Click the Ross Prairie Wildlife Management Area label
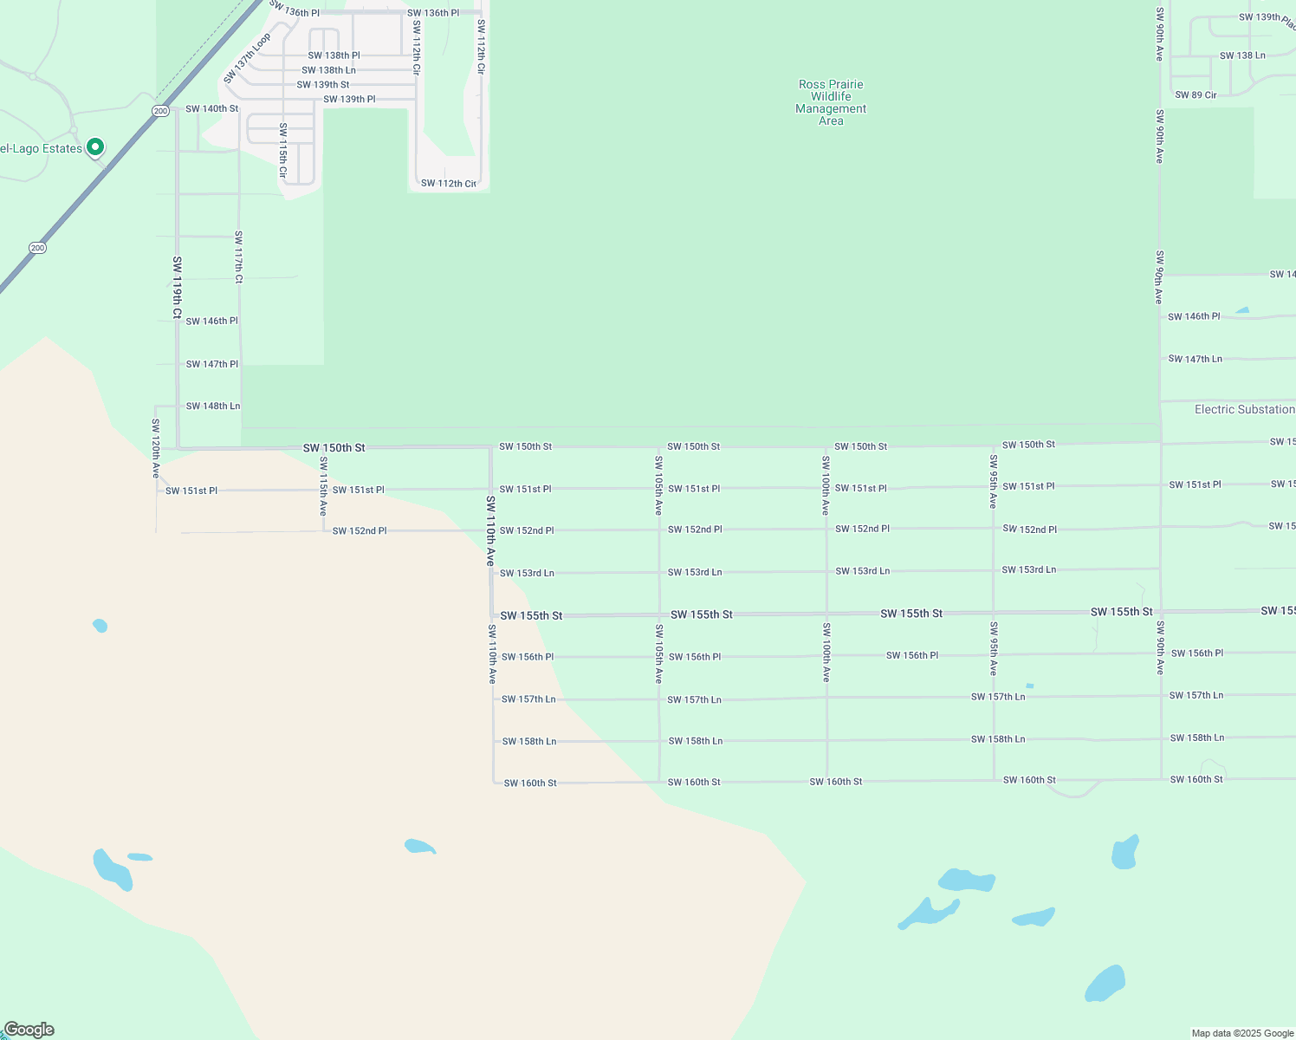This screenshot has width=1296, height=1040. coord(831,102)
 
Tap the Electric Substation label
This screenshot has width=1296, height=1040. coord(1244,409)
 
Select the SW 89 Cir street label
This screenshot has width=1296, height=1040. coord(1196,94)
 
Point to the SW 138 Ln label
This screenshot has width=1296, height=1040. coord(1242,55)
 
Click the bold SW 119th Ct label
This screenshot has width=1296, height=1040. coord(177,288)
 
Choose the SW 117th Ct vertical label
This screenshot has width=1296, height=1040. coord(238,257)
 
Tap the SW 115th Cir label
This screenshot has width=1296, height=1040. coord(282,151)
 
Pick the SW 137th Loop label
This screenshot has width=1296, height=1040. coord(247,59)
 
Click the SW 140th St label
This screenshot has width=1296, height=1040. coord(211,109)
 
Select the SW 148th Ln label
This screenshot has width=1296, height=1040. coord(213,406)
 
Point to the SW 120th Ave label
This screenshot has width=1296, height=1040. coord(156,448)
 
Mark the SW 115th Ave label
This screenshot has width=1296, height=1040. coord(323,486)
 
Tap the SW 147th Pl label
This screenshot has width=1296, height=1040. coord(211,364)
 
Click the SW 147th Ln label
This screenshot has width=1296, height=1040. coord(1195,359)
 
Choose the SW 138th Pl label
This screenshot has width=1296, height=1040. coord(334,55)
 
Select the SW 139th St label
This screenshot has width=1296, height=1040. coord(323,85)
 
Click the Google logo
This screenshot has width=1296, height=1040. coord(29,1030)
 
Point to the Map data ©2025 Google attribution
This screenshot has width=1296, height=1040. coord(1242,1033)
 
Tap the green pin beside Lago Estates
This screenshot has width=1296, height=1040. coord(95,147)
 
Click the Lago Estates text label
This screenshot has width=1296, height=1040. coord(41,149)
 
